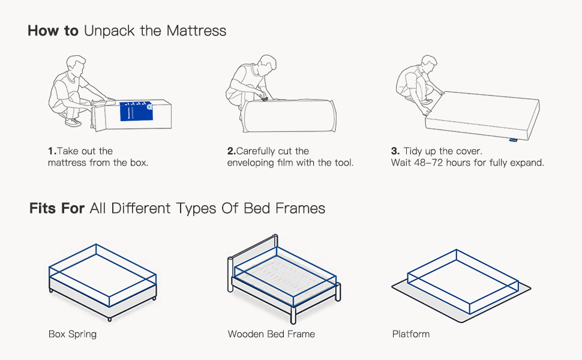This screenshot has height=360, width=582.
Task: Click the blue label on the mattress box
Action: [136, 111]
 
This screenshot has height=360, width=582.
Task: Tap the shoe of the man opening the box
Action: [73, 122]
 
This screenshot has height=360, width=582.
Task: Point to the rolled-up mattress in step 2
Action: [289, 115]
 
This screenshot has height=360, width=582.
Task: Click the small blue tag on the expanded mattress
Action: [513, 140]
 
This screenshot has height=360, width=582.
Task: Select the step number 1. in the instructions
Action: [52, 151]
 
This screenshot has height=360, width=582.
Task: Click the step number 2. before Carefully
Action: [232, 151]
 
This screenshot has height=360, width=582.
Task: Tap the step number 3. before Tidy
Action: [395, 151]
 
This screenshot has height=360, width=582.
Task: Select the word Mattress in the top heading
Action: [196, 31]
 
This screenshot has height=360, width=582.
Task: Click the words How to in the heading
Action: [53, 31]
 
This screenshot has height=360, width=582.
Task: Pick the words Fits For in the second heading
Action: [57, 208]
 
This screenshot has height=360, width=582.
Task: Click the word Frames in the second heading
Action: [300, 208]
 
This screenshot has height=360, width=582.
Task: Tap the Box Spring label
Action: [73, 334]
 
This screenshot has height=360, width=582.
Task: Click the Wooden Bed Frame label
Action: [271, 334]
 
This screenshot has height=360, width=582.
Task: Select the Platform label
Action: [411, 334]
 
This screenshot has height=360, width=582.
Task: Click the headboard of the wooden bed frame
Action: [253, 256]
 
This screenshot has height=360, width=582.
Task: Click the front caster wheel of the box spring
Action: [109, 319]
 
